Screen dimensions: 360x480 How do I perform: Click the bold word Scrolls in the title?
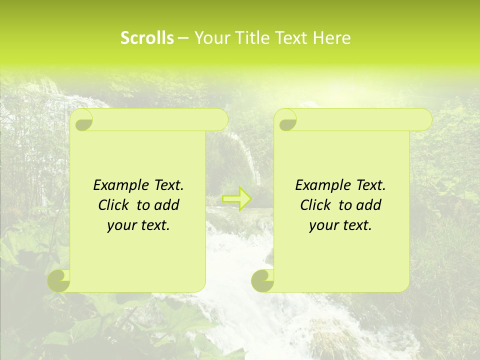pos(147,38)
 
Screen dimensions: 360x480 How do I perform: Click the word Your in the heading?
pos(210,38)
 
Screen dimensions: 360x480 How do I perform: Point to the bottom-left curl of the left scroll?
pos(59,280)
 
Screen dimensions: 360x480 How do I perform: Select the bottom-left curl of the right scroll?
pos(262,280)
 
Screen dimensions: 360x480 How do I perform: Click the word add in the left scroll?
pos(167,205)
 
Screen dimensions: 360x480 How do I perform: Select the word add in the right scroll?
pos(369,205)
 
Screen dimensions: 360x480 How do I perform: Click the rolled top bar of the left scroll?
pos(155,120)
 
